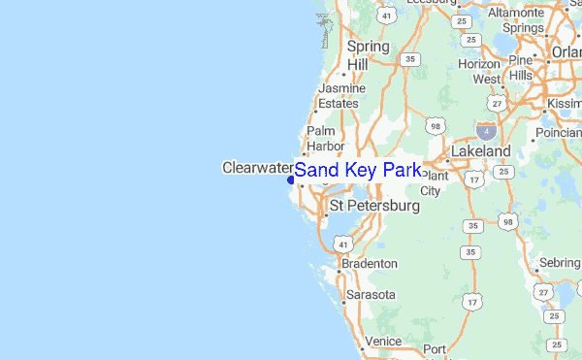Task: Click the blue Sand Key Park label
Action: [358, 171]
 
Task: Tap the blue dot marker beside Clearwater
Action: [290, 179]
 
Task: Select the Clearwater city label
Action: [257, 167]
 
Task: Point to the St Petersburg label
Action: [374, 207]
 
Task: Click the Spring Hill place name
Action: [368, 54]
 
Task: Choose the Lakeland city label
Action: [480, 152]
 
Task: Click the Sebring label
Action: [560, 263]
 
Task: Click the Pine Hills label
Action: [521, 67]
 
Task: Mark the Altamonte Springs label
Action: [523, 20]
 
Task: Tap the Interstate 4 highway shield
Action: [484, 129]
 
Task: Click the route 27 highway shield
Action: [498, 103]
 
